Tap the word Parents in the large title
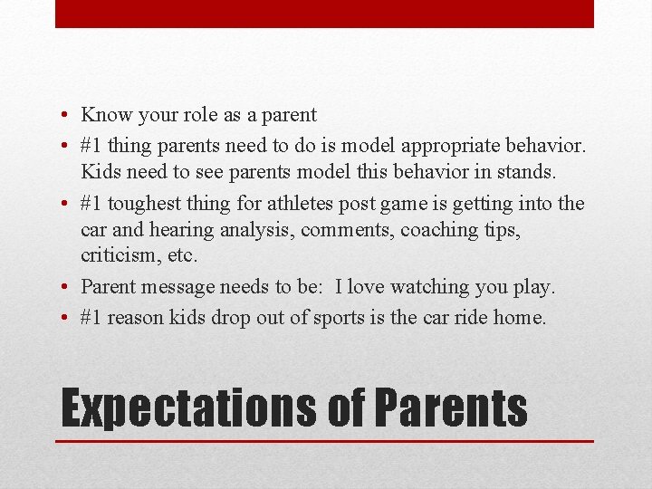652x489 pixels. (x=450, y=407)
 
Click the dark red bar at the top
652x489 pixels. (x=324, y=14)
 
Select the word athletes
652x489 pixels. (x=299, y=204)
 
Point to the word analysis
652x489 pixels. (x=256, y=230)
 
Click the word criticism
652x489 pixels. (x=113, y=257)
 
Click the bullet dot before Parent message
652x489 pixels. (x=67, y=288)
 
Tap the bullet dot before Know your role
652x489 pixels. (x=67, y=116)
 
